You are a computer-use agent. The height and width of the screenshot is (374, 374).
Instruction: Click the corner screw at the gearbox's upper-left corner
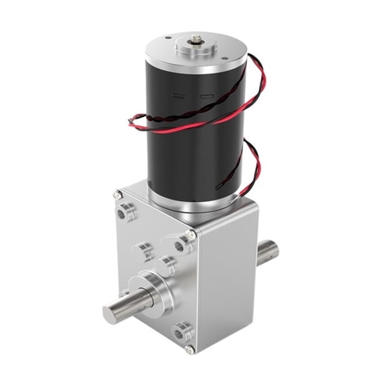tap(118, 193)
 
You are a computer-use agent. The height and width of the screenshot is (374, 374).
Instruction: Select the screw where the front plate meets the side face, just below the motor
tap(189, 234)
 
